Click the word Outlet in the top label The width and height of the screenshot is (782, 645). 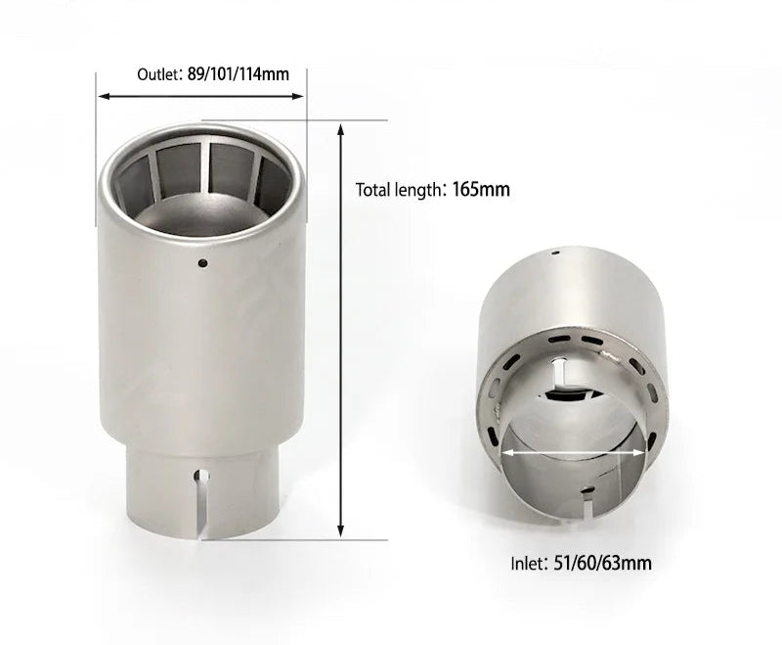click(158, 74)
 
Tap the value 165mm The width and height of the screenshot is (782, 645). click(481, 189)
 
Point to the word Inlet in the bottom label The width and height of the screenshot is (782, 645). click(528, 563)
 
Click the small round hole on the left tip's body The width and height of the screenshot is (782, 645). click(201, 262)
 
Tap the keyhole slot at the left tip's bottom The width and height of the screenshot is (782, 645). click(201, 480)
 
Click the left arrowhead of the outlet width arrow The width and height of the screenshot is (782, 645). click(102, 96)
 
